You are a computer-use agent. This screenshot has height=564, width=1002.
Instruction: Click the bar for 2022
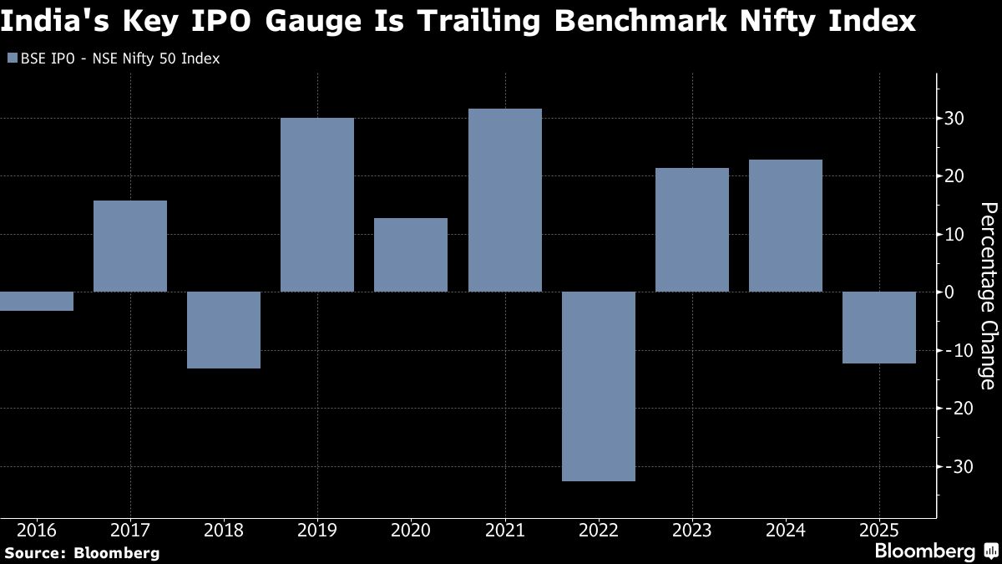(599, 386)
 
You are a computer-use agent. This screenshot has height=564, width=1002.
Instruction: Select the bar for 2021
(505, 201)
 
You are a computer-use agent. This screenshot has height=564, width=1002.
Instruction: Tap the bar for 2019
(317, 205)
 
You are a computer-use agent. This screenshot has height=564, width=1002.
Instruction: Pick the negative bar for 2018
(224, 330)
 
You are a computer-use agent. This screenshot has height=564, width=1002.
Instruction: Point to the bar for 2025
(879, 328)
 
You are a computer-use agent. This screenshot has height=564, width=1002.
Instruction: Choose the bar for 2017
(130, 246)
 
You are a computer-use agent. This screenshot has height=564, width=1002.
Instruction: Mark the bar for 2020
(411, 255)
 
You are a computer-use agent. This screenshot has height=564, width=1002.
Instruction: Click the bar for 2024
(786, 226)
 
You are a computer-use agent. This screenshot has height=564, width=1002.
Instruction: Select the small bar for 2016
(37, 301)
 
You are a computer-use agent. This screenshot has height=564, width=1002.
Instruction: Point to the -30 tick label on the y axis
(952, 466)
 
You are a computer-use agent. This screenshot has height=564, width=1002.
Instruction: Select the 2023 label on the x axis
(692, 530)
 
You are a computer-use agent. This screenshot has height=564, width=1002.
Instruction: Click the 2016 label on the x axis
(37, 530)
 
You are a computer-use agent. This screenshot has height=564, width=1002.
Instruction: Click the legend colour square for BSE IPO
(11, 58)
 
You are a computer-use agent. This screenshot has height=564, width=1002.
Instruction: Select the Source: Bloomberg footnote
(82, 552)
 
